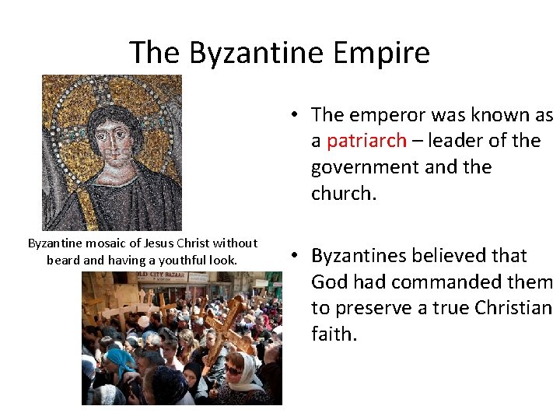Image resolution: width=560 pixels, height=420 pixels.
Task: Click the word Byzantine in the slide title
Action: [x=254, y=53]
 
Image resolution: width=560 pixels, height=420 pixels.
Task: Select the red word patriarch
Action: [x=366, y=141]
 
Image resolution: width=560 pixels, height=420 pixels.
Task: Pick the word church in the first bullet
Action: [x=343, y=193]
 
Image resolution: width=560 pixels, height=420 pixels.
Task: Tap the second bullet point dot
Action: [x=297, y=256]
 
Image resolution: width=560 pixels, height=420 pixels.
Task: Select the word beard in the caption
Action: [x=63, y=260]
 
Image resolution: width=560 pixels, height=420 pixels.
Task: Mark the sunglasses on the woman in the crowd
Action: [x=233, y=370]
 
